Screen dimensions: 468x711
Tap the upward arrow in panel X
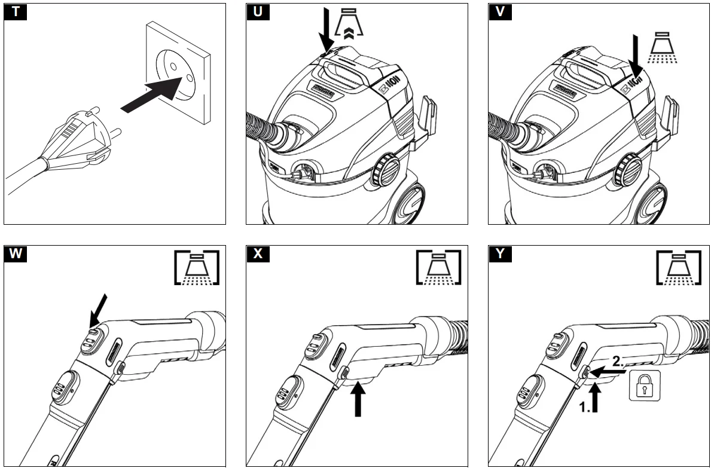pos(358,399)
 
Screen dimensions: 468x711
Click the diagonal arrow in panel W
pos(99,309)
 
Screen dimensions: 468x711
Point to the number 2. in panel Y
pos(618,361)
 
